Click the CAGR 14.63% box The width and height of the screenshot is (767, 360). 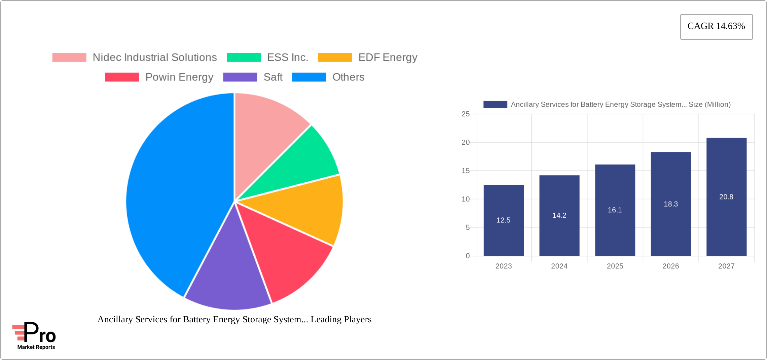(x=716, y=27)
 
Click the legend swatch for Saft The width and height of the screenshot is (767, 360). (x=240, y=77)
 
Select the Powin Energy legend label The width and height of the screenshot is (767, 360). (x=179, y=77)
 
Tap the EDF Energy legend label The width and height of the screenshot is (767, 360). (x=388, y=58)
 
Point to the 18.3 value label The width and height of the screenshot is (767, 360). (x=670, y=204)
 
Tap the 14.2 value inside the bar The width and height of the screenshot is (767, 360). (x=559, y=216)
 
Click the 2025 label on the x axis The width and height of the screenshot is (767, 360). (x=615, y=266)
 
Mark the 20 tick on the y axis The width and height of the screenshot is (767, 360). (x=466, y=142)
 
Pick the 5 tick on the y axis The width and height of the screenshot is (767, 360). (x=468, y=228)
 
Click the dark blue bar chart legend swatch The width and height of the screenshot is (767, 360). (x=495, y=105)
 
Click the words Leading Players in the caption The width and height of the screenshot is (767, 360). (x=341, y=319)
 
